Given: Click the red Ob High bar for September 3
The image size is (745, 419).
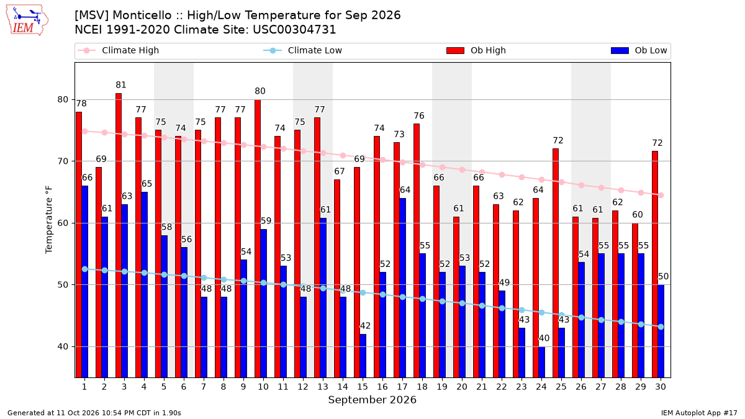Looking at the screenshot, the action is coord(119,235).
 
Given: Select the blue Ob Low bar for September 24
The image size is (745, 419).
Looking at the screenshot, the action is coord(542,362).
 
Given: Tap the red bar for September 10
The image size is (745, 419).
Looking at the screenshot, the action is coord(258,238).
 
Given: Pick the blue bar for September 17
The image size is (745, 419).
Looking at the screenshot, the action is coord(402,288).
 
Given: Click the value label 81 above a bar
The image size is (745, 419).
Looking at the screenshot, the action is coord(121,85).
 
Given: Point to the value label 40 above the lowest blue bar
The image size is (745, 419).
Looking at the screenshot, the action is coord(544,338).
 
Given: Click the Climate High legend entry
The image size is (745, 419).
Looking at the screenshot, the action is coord(119,50).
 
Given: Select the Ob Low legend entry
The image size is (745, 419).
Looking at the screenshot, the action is coord(639,50).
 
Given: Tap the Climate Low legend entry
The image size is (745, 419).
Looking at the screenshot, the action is coord(303,50).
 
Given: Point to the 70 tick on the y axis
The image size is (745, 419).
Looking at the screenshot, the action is coord(63,161).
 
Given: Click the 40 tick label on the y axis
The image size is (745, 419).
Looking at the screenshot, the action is coord(63,346).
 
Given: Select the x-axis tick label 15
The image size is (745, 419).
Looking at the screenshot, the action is coord(363,387).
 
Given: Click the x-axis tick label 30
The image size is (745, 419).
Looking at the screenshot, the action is coord(661,387).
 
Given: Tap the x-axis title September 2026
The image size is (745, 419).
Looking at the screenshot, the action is coord(372,400).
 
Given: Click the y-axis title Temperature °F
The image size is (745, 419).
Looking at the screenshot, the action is coord(49,220).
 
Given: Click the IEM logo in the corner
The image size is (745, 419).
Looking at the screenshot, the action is coord(27,20).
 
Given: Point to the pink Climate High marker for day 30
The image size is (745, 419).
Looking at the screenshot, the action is coord(661,195).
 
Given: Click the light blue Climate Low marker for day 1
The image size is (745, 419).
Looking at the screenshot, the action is coord(85,269).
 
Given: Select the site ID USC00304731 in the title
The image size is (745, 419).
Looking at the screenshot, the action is coord(294,30).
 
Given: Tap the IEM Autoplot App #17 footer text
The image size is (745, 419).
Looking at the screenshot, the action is coord(699,413).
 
